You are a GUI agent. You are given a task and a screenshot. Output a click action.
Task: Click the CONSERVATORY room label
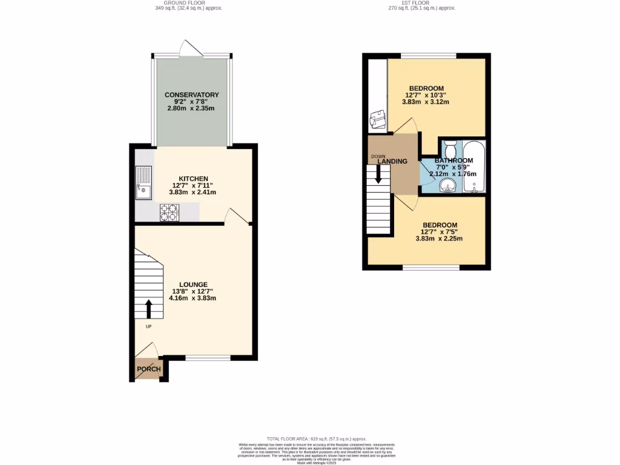191,95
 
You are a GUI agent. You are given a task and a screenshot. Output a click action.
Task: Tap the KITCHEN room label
193,179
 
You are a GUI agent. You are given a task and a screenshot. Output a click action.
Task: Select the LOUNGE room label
193,285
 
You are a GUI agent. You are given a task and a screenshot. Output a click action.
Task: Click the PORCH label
148,369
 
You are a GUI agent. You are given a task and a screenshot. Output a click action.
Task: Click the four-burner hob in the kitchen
170,212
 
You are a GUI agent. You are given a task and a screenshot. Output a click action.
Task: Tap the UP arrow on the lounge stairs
148,308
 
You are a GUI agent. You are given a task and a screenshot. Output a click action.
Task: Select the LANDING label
392,161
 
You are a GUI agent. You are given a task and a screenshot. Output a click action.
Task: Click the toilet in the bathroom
449,148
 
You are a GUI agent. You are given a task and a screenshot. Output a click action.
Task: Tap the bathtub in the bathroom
473,166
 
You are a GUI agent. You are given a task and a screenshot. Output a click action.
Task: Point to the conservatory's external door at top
191,48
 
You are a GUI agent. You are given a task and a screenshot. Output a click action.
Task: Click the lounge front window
208,358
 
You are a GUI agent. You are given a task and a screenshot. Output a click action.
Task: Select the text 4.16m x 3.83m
193,298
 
